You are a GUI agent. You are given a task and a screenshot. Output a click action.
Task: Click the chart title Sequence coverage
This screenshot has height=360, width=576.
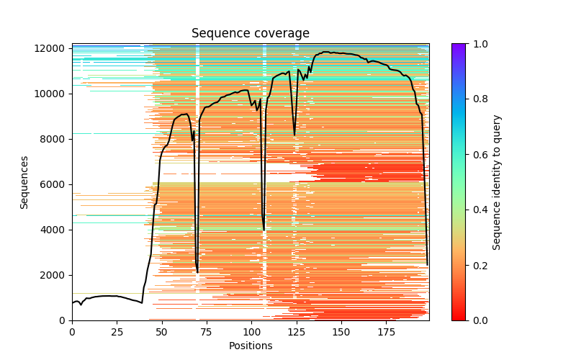point(250,34)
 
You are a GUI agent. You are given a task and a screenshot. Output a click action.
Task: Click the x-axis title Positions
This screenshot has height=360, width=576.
point(250,346)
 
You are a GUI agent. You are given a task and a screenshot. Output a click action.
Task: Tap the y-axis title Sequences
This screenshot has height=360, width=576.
point(24,182)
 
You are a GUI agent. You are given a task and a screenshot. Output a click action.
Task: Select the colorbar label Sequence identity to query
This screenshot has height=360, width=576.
point(497,182)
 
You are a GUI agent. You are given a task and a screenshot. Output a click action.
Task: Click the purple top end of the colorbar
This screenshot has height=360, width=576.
point(458,46)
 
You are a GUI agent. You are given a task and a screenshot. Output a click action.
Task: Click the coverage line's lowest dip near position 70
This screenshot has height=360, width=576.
point(197,272)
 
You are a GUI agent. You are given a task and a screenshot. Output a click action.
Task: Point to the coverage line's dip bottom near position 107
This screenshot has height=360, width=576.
point(264,230)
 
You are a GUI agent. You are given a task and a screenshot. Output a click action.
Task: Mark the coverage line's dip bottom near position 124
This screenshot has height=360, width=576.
point(294,135)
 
